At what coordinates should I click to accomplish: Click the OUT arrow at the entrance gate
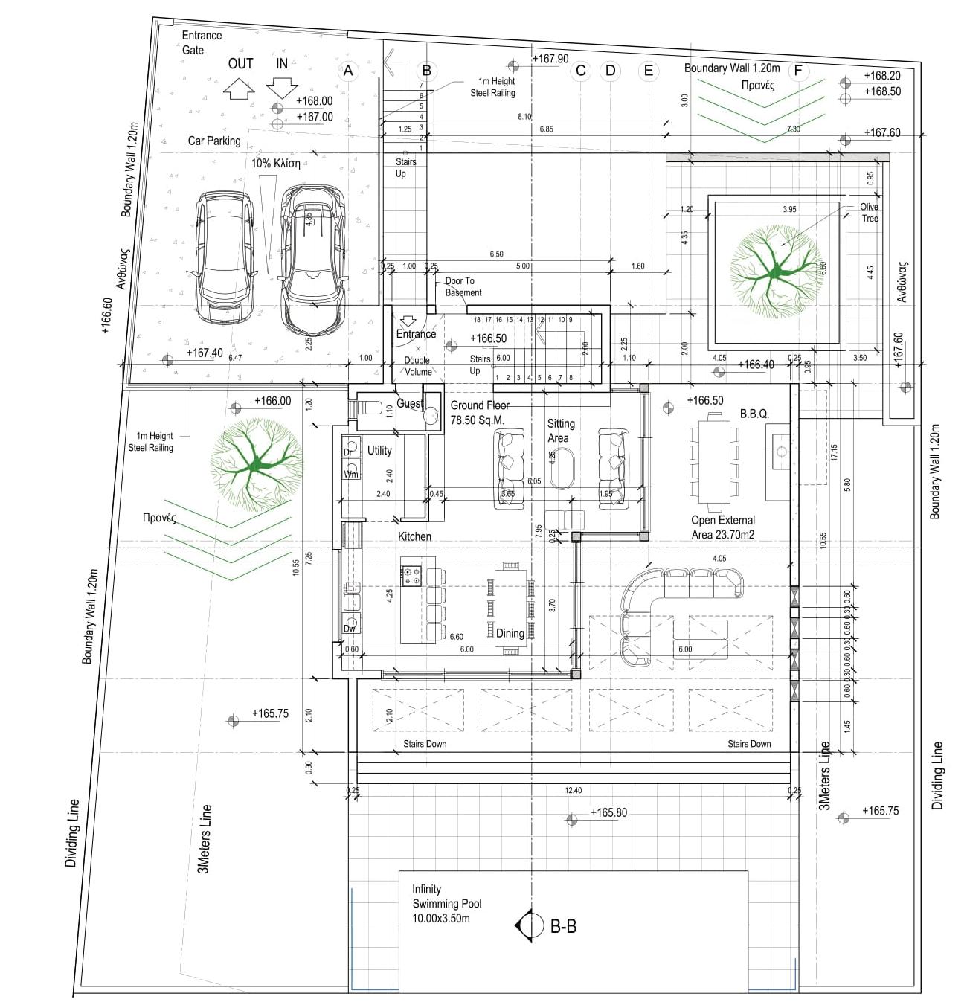click(x=239, y=89)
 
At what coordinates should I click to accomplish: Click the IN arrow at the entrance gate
click(x=282, y=87)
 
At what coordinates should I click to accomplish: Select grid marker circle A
click(x=347, y=71)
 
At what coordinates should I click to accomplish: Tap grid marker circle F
click(x=798, y=71)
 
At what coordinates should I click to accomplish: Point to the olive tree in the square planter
click(x=777, y=272)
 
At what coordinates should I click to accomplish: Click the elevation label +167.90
click(x=550, y=59)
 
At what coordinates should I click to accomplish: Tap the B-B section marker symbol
click(x=529, y=925)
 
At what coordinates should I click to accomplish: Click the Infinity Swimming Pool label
click(x=446, y=903)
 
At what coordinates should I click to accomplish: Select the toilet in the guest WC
click(x=369, y=408)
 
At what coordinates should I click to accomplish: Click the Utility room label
click(x=379, y=450)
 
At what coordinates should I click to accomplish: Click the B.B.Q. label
click(x=754, y=414)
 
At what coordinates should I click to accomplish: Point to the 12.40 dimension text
click(x=573, y=790)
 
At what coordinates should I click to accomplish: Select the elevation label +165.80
click(x=608, y=812)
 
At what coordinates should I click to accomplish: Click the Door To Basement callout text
click(x=463, y=286)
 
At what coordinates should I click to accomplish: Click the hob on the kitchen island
click(x=411, y=575)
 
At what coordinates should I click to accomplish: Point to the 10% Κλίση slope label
click(x=275, y=163)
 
